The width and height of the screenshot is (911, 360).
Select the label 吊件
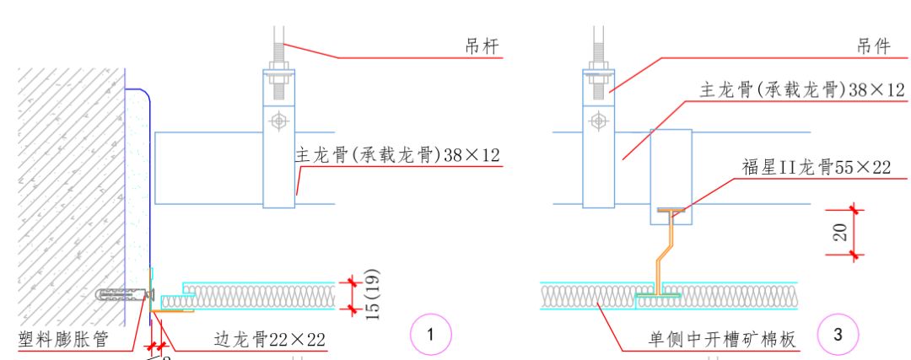pyautogui.click(x=873, y=47)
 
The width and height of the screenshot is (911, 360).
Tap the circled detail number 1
pyautogui.click(x=431, y=335)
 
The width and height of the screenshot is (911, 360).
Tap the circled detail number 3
pyautogui.click(x=838, y=335)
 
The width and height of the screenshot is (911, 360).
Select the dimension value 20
pyautogui.click(x=840, y=232)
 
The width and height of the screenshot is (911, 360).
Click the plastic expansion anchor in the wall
pyautogui.click(x=122, y=295)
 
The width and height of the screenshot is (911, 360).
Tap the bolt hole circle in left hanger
pyautogui.click(x=278, y=121)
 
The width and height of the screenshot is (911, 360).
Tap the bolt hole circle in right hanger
pyautogui.click(x=598, y=121)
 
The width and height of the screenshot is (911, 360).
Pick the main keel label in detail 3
pyautogui.click(x=801, y=89)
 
